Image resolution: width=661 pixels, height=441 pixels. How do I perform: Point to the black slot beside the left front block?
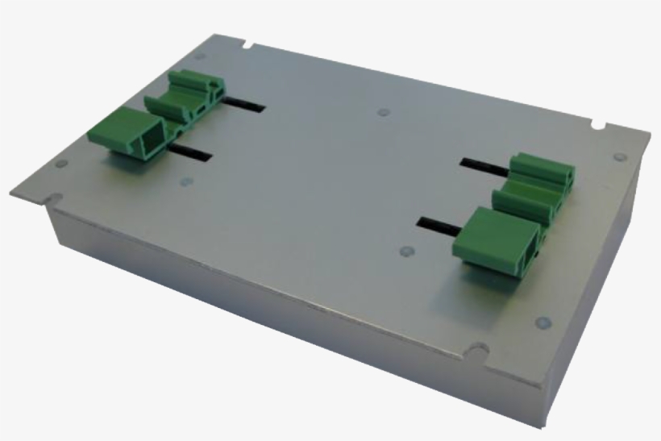coord(191,152)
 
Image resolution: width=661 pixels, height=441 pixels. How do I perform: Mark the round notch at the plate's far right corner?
coord(598,126)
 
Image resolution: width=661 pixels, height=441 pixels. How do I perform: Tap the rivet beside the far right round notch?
coord(618,157)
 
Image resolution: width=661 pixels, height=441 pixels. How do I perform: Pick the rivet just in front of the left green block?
coord(185,181)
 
